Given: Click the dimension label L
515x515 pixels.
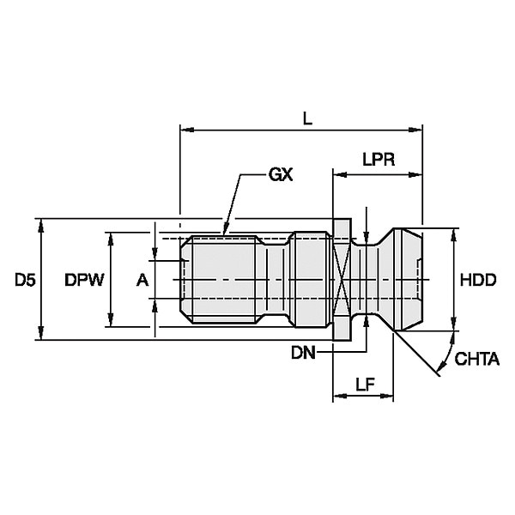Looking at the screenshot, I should tap(307, 120).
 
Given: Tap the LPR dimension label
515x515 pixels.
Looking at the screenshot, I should tap(379, 160).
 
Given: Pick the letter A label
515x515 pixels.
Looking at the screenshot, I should tap(142, 280).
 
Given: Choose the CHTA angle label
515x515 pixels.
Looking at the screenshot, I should tap(477, 359).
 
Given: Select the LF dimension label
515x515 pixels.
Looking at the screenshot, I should tap(364, 387).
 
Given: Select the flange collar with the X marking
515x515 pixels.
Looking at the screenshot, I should tap(341, 280).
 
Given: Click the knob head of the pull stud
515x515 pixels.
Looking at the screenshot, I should tap(403, 280).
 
